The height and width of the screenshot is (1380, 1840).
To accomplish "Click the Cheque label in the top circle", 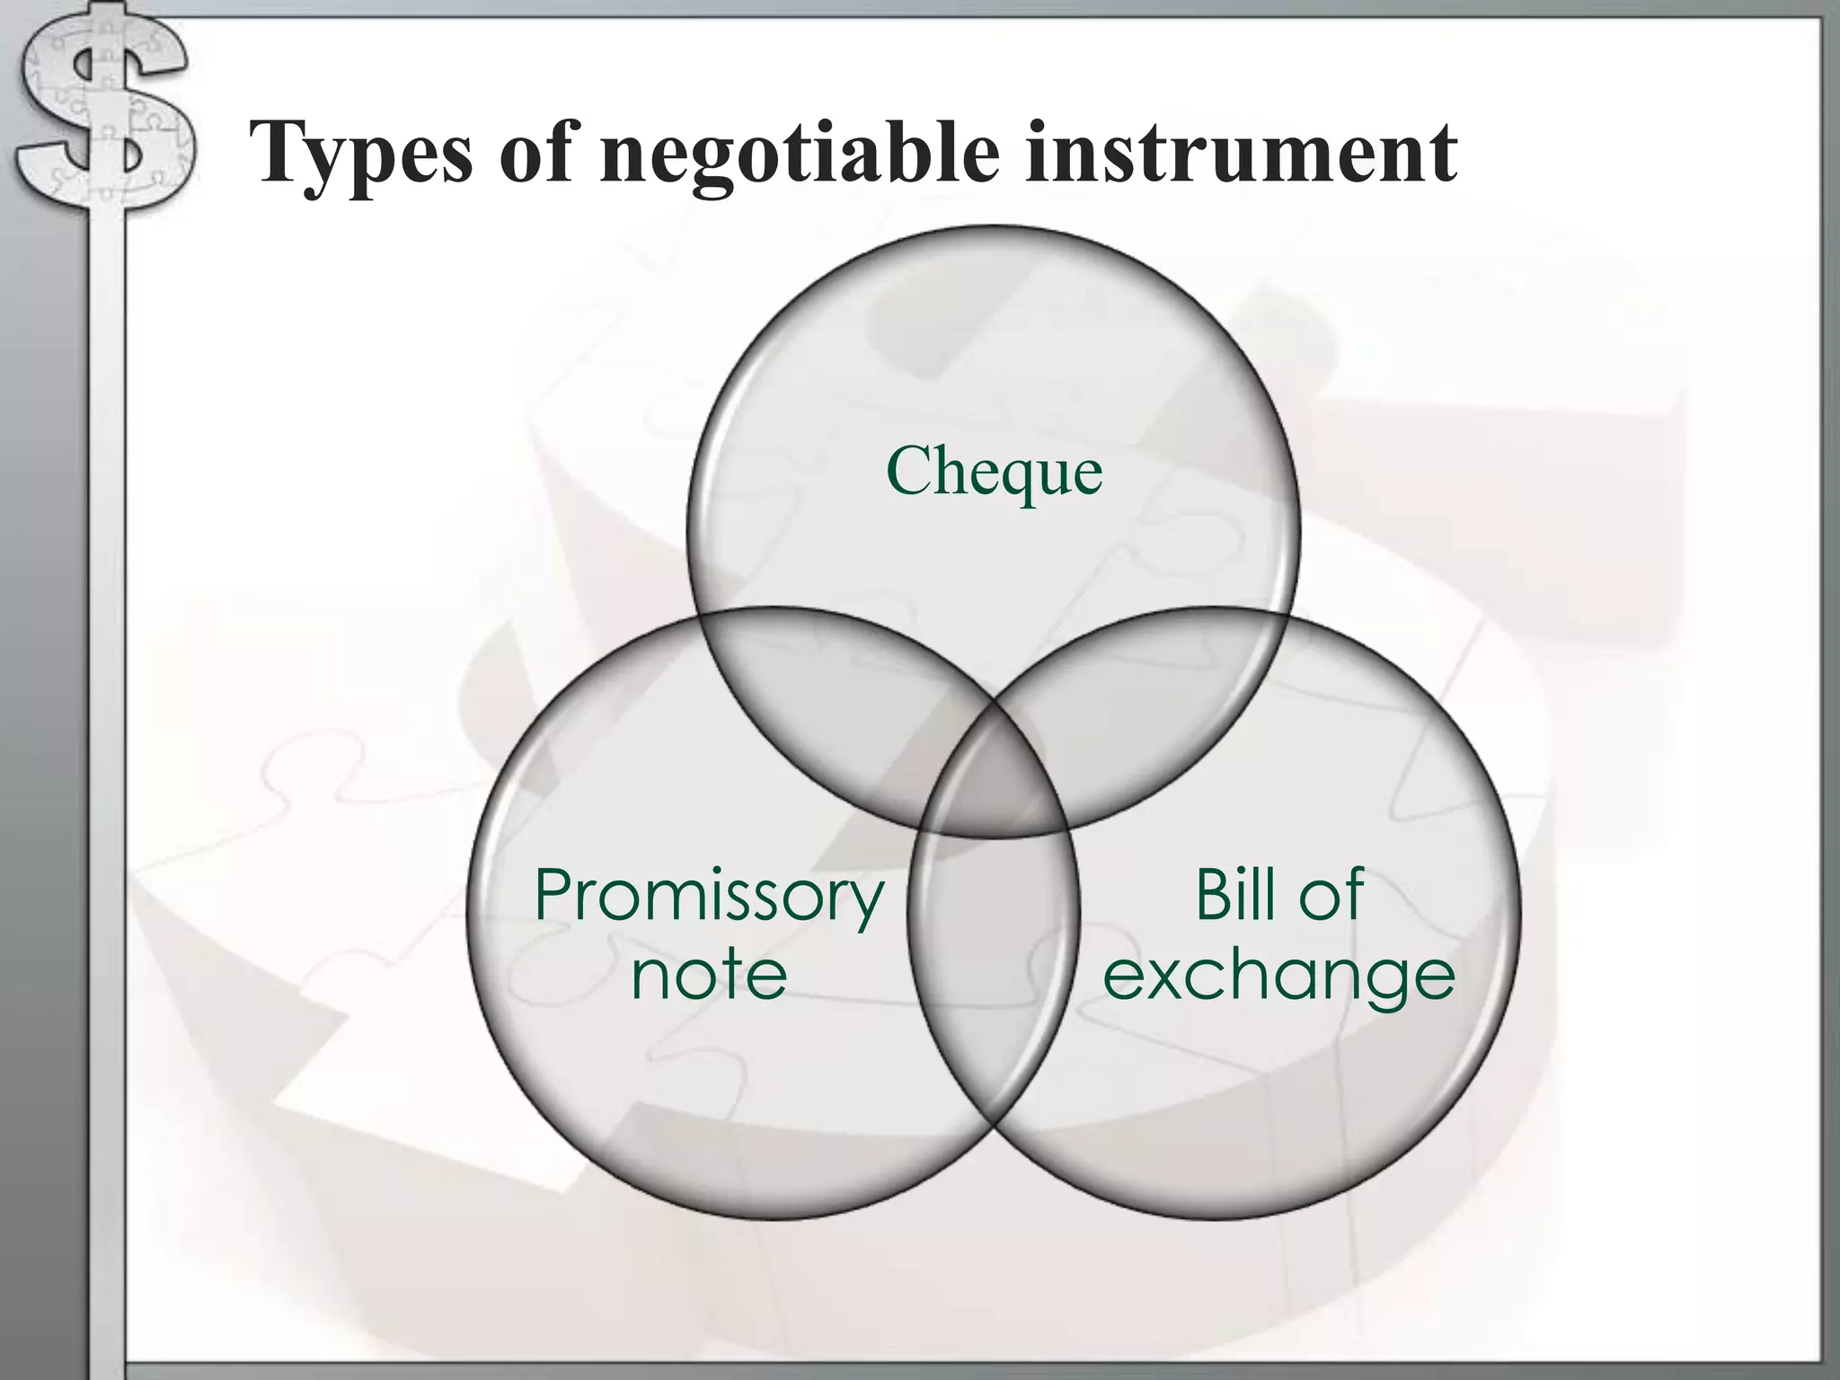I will point(994,471).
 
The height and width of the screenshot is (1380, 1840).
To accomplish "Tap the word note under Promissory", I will point(709,974).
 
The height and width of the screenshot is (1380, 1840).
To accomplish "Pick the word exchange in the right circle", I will point(1278,976).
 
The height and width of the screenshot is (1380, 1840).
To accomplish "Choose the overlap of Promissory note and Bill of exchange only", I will point(994,970).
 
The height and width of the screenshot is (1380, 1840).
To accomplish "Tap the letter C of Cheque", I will point(911,471).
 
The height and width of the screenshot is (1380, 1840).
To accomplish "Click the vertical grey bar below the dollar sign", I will point(106,764).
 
